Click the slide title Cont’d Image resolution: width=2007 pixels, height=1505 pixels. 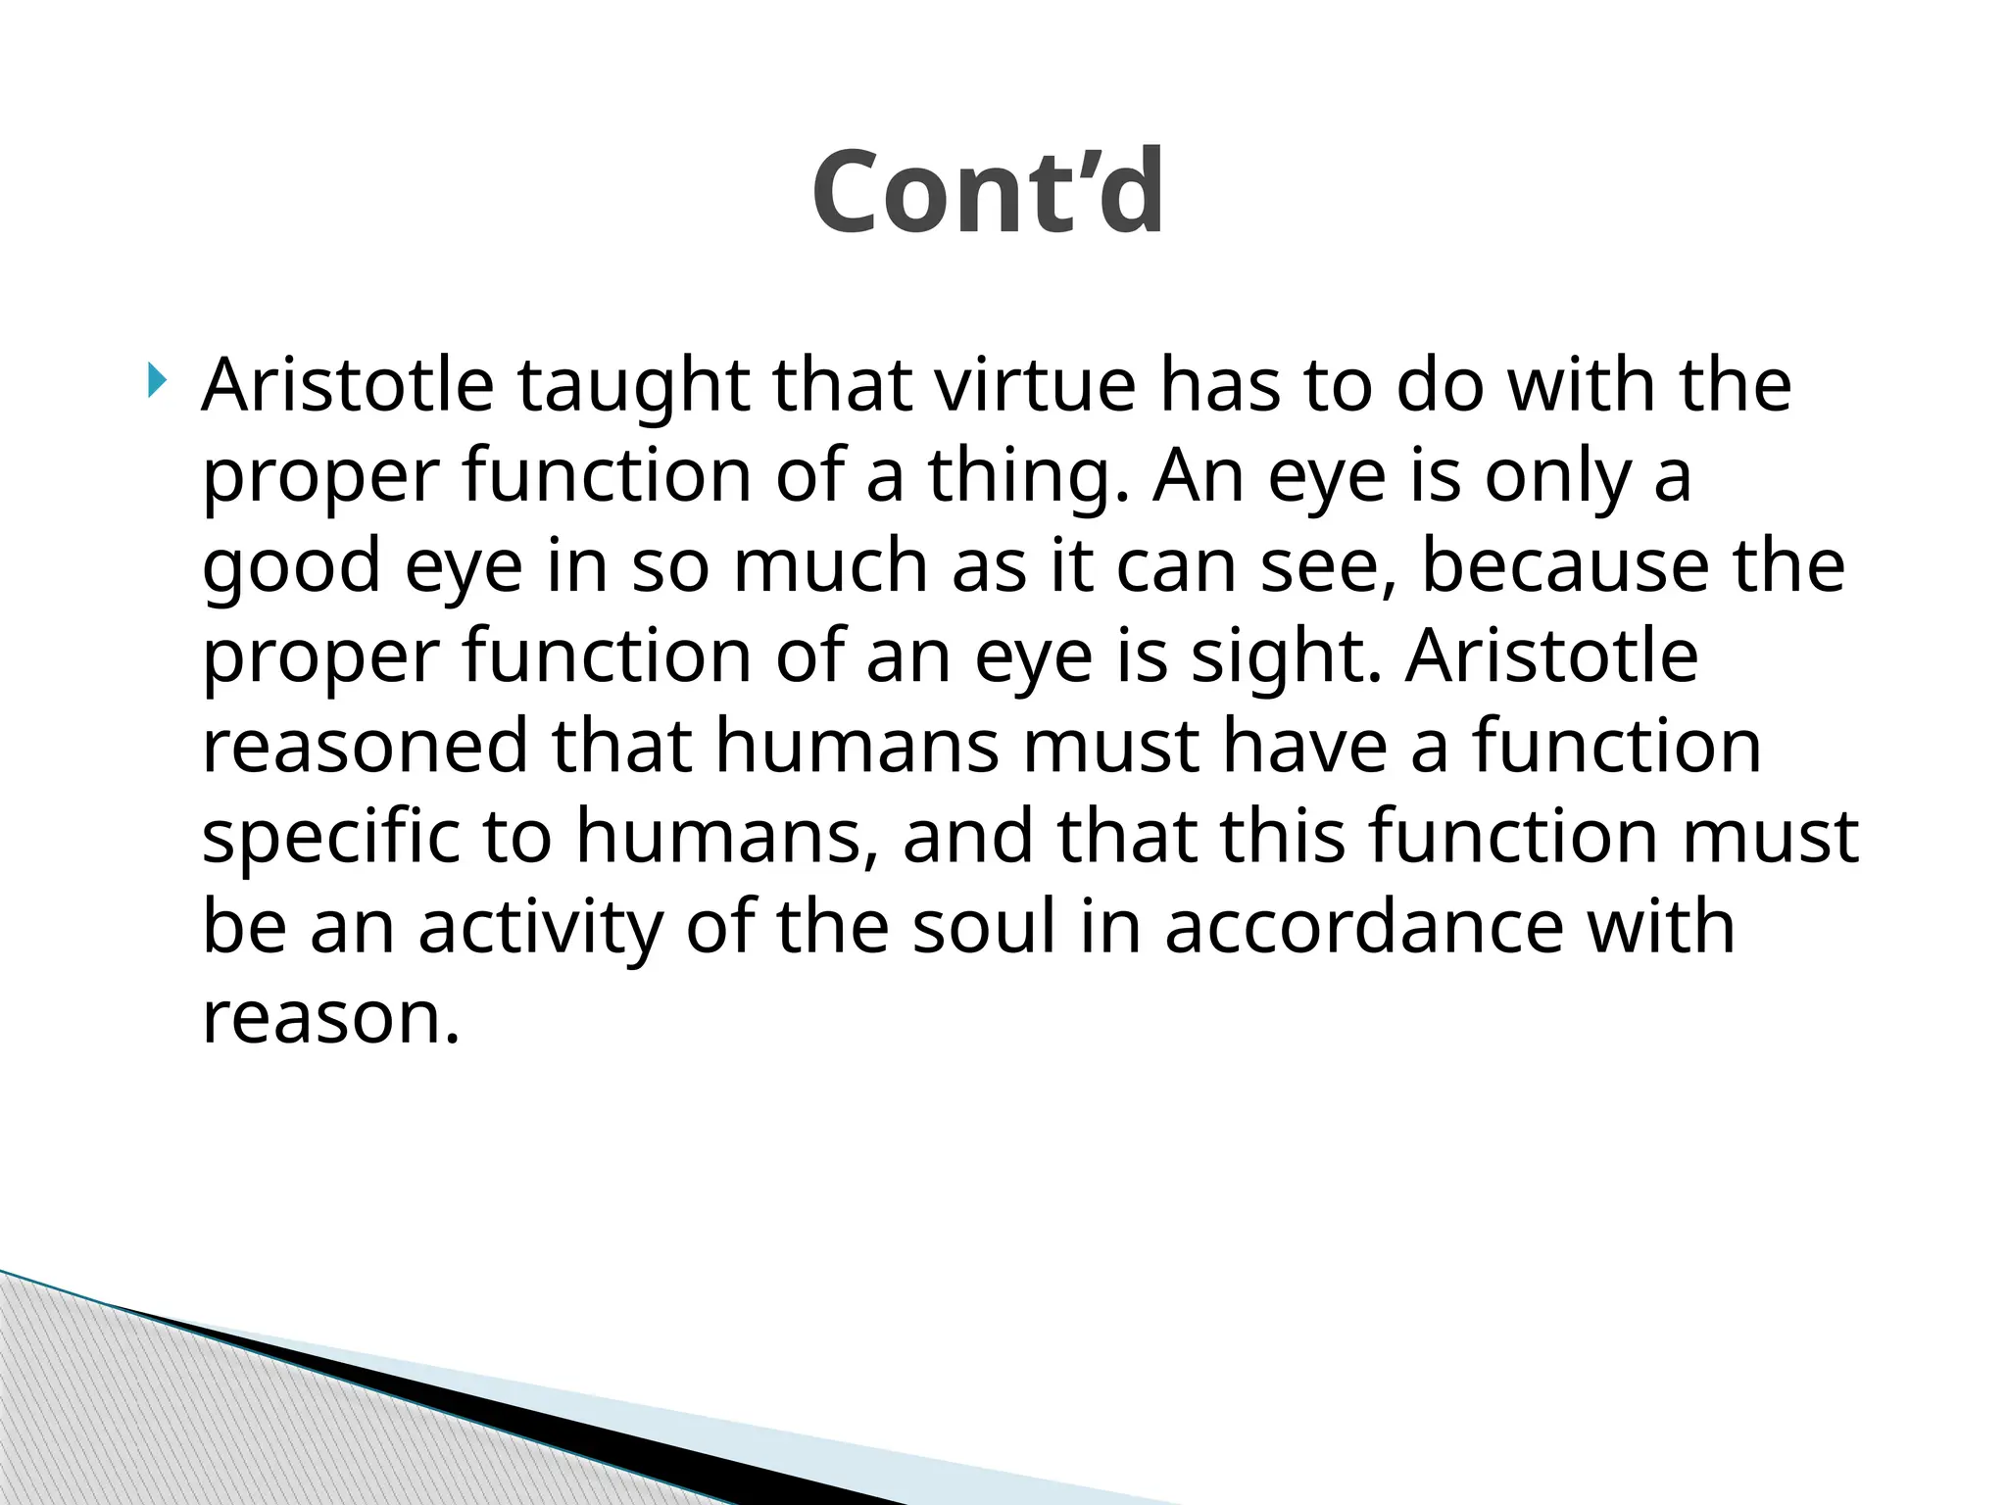(x=988, y=192)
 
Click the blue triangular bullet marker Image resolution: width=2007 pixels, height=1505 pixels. (x=157, y=380)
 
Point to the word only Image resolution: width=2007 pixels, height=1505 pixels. (x=1557, y=477)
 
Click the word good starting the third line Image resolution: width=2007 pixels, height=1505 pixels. (x=291, y=567)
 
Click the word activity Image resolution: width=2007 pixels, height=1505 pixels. (x=540, y=928)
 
